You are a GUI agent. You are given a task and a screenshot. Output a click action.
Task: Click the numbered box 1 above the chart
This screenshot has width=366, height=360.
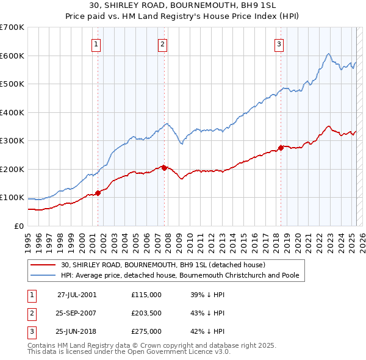point(97,43)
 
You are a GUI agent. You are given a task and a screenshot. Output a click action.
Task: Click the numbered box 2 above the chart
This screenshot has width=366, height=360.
point(163,43)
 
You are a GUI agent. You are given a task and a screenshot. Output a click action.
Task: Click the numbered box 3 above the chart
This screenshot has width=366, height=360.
point(278,43)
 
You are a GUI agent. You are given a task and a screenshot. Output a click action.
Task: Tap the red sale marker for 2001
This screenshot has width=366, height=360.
point(98,193)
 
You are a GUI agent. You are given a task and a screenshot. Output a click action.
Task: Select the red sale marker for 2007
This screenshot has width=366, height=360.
point(164,168)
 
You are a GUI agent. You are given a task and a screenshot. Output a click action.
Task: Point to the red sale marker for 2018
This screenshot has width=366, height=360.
point(280,148)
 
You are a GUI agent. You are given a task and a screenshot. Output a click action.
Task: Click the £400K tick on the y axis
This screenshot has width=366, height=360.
point(12,112)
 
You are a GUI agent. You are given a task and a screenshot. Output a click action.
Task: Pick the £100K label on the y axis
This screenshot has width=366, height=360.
point(12,198)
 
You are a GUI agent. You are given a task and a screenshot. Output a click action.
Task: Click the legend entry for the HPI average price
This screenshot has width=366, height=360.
point(179,275)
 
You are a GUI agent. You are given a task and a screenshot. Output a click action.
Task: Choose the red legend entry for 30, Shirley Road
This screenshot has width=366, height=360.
point(163,265)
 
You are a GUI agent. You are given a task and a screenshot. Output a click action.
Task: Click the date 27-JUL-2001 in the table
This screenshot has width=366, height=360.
point(77,294)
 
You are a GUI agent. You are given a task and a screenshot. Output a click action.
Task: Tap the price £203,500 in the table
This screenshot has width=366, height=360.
point(146,313)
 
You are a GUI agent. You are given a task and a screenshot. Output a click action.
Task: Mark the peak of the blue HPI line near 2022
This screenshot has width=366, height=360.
point(328,54)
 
